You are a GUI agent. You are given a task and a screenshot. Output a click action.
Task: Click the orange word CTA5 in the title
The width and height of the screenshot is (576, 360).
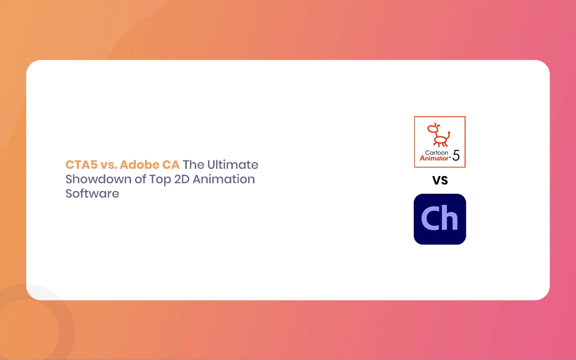82,165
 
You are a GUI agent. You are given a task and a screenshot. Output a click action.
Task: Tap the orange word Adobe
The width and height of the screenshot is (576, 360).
139,165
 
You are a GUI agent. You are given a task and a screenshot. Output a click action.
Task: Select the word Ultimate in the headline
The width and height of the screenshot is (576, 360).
233,165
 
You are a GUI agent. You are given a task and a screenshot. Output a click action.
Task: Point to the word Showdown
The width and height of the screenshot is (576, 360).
99,179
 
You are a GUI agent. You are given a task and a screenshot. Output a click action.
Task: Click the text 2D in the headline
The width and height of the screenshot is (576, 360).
182,179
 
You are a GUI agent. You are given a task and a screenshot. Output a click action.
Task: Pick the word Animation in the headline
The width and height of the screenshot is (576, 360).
224,179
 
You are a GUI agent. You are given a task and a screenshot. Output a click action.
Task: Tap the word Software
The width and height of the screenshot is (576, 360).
92,193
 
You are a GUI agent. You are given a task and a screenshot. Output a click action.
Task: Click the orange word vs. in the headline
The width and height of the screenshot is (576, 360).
109,165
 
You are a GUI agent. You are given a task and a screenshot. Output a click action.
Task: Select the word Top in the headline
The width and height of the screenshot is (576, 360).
160,180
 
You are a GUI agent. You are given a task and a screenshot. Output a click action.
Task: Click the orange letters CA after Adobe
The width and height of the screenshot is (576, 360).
171,165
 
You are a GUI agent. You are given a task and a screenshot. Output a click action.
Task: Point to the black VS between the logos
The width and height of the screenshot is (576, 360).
440,180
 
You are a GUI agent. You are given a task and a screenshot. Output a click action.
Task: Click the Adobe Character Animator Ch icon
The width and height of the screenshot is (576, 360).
440,219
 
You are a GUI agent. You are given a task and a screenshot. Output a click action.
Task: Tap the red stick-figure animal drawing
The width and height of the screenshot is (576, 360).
439,135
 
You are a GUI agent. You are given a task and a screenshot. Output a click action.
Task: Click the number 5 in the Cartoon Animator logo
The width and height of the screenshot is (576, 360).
456,156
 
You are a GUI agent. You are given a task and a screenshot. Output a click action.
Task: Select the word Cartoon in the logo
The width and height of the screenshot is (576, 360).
436,153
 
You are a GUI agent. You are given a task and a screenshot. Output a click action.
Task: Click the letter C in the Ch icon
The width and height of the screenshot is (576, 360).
430,218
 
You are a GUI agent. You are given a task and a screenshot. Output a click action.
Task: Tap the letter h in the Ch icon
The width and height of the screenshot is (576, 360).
449,217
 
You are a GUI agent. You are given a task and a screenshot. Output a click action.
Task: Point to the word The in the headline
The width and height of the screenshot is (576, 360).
193,165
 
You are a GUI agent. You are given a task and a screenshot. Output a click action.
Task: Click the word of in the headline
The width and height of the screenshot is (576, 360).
141,179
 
